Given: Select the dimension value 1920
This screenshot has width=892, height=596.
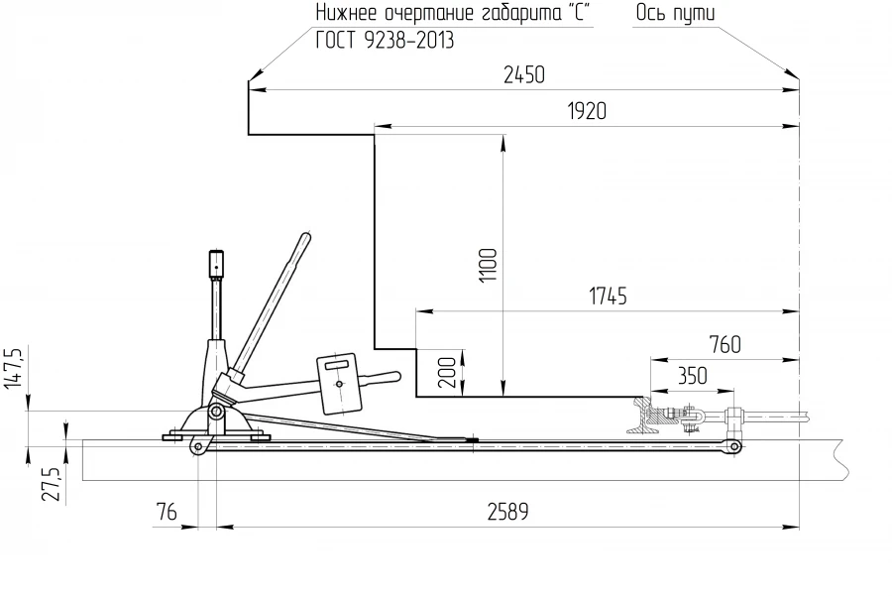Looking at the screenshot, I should [586, 112].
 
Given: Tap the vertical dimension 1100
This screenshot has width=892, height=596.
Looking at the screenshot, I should [488, 266].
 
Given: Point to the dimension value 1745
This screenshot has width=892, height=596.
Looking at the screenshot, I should [607, 297].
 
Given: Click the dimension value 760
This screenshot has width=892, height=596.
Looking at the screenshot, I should [725, 345].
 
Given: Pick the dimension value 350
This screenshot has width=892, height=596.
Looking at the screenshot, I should [692, 376].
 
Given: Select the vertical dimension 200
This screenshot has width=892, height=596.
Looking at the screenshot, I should [447, 374].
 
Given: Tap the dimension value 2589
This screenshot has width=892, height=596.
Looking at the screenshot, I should [507, 512].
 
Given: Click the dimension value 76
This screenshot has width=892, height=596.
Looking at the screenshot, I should [167, 512].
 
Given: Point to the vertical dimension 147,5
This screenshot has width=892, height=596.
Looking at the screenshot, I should [14, 370].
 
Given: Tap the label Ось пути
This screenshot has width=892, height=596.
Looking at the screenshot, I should [674, 13].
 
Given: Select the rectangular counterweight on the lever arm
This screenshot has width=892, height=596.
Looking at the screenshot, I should [338, 383].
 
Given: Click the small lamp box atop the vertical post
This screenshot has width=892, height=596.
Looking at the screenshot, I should [215, 264].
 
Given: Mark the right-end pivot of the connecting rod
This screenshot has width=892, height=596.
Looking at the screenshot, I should [734, 447].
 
